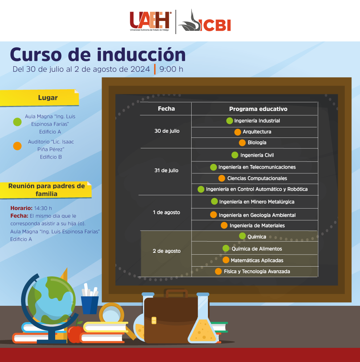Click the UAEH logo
tap(151, 21)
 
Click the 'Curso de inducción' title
tap(98, 54)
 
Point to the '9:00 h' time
tap(171, 69)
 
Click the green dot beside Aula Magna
tap(17, 122)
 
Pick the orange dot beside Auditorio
tap(17, 146)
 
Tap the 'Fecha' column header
tap(166, 108)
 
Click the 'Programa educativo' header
tap(258, 109)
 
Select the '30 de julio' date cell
tap(167, 131)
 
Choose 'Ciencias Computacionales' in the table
tap(257, 178)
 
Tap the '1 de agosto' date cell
tap(167, 213)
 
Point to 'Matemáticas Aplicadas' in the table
tap(257, 260)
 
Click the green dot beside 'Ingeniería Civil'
tap(235, 155)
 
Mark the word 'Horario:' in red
tap(21, 208)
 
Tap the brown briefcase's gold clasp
tap(154, 320)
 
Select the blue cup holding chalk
tap(90, 305)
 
